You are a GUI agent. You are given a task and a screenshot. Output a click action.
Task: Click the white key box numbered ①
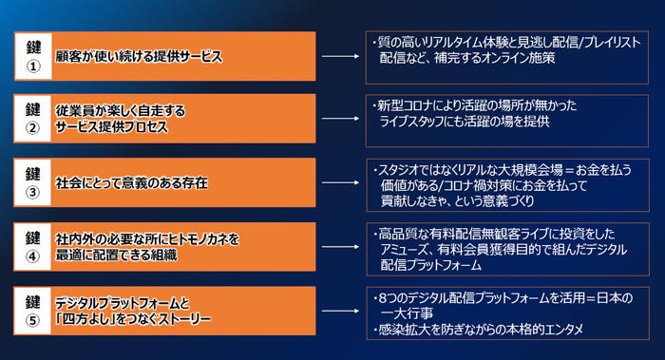coord(33,56)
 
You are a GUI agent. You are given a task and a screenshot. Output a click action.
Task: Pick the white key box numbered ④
coord(33,245)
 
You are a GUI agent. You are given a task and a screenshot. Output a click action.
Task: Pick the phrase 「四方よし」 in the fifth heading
coord(84,318)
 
